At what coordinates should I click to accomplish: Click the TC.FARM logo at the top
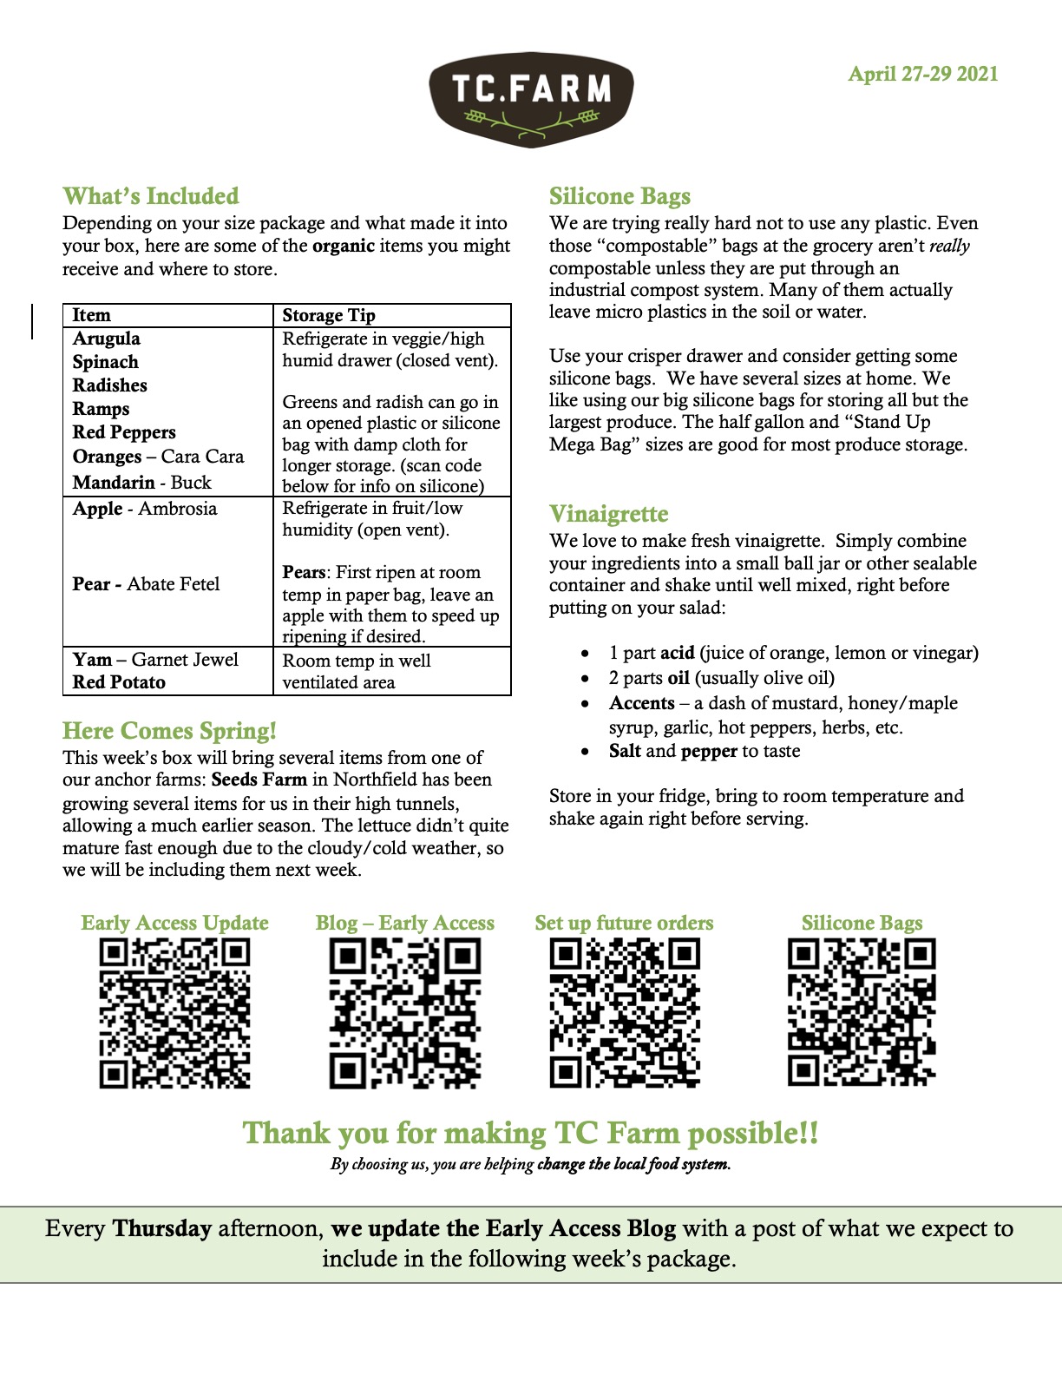[531, 98]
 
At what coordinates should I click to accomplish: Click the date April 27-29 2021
[922, 74]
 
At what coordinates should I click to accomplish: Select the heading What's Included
[150, 196]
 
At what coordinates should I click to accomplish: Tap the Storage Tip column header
[329, 315]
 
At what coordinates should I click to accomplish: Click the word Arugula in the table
[106, 339]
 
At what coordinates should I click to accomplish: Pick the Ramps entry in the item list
[101, 409]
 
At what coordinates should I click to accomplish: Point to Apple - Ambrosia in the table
[145, 509]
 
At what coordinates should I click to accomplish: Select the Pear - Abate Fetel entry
[146, 584]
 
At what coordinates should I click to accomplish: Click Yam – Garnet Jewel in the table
[155, 660]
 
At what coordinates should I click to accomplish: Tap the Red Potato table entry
[119, 682]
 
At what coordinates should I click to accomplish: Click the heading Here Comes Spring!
[169, 731]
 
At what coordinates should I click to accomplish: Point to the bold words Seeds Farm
[259, 780]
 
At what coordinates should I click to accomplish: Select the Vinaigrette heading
[608, 514]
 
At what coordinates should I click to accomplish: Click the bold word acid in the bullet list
[677, 653]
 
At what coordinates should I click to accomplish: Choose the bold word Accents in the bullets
[641, 703]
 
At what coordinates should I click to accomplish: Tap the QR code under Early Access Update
[174, 1013]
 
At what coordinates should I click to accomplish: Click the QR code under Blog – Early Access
[405, 1013]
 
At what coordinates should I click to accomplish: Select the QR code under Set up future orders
[625, 1013]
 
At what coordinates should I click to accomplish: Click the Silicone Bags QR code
[862, 1012]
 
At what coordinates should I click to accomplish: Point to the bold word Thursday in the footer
[162, 1229]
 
